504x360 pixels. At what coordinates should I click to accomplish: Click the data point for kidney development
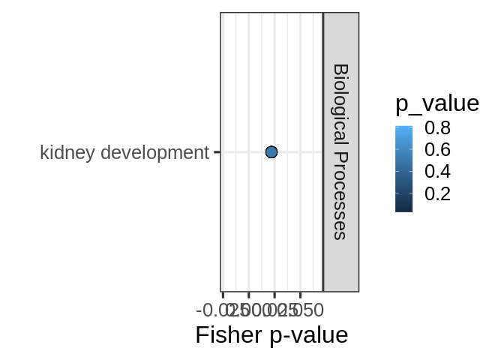pos(271,152)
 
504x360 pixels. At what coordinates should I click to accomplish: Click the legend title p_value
pos(436,103)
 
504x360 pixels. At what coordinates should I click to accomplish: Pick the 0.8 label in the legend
pos(436,128)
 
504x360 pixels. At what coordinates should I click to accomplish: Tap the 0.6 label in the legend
pos(436,150)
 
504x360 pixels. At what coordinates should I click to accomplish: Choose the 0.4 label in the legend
pos(436,172)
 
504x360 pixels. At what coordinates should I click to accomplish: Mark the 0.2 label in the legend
pos(436,193)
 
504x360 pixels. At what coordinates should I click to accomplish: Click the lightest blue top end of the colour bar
pos(403,127)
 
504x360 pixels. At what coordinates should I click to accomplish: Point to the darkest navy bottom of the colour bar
pos(403,210)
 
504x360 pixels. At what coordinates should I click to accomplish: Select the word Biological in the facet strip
pos(340,104)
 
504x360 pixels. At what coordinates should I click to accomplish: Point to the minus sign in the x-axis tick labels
pos(199,310)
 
